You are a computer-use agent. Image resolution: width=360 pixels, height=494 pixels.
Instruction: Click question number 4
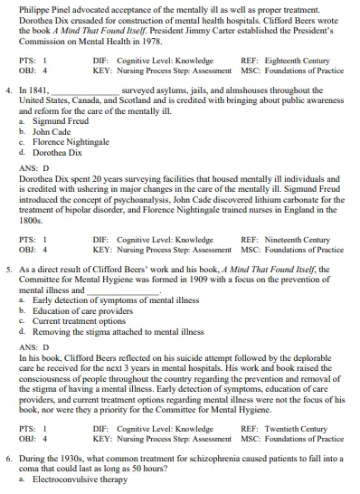[x=9, y=90]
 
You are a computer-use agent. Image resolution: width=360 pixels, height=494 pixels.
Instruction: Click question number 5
[x=9, y=270]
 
